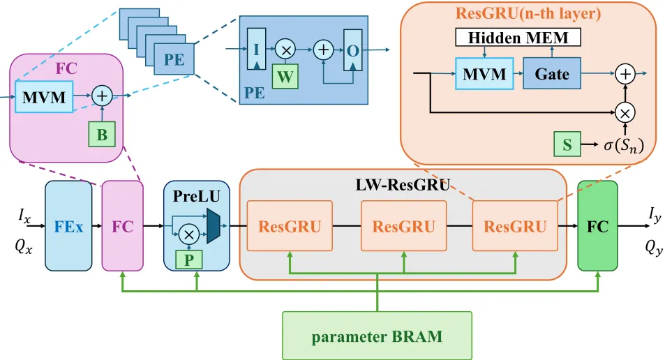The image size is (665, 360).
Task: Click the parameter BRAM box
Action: tap(377, 336)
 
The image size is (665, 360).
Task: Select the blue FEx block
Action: tap(68, 226)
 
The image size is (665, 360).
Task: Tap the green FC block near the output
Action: tap(597, 226)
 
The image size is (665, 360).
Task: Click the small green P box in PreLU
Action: tap(188, 259)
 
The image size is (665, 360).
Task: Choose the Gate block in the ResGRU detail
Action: tap(551, 73)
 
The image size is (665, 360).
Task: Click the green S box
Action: tap(566, 144)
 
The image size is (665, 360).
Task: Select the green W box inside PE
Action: tap(285, 77)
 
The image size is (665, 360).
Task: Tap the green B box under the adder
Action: tap(102, 135)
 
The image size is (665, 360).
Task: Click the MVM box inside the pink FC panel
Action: tap(44, 98)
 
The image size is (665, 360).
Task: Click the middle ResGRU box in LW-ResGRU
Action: tap(403, 226)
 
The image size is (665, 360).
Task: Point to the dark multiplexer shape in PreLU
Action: tap(213, 222)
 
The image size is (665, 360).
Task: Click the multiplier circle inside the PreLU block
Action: tap(188, 234)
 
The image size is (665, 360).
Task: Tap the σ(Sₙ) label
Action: tap(623, 145)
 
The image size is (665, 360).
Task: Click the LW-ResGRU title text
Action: tap(403, 185)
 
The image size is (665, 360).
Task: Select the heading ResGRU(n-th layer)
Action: tap(528, 13)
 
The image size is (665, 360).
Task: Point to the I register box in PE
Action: tap(257, 48)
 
